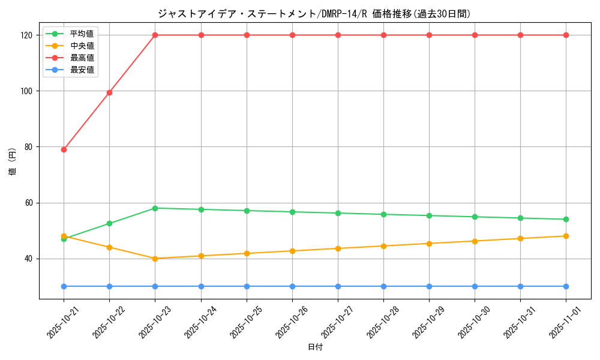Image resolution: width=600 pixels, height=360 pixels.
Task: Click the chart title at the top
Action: (x=314, y=14)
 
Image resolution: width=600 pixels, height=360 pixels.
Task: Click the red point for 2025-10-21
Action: (x=64, y=149)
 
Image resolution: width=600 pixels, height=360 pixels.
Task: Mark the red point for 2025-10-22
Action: (x=109, y=92)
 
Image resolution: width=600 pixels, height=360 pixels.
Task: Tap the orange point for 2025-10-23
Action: (x=155, y=259)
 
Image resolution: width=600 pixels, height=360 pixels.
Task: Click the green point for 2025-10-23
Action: (x=155, y=208)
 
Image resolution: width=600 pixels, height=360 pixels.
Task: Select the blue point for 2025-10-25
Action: (x=247, y=286)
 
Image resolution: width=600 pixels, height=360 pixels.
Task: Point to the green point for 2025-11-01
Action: (x=566, y=219)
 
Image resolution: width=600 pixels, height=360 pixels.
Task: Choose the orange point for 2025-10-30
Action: (x=475, y=241)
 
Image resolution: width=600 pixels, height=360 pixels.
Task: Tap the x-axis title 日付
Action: (x=315, y=347)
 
